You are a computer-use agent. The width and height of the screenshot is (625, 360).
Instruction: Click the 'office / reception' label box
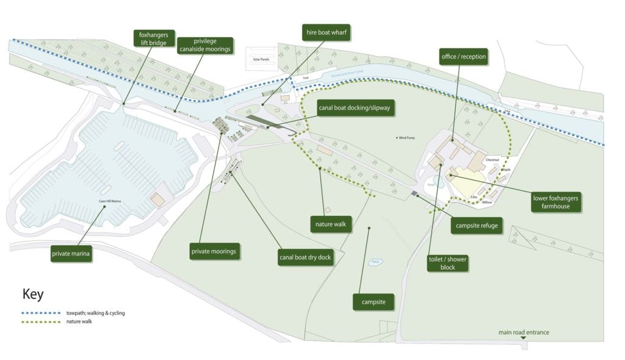464,57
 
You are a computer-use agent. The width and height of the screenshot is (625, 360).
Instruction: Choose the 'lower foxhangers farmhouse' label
555,202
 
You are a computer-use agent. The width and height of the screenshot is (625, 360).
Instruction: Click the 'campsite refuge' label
477,226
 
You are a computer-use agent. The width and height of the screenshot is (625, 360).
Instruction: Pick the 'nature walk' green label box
331,224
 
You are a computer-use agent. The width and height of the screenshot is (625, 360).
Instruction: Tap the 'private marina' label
71,254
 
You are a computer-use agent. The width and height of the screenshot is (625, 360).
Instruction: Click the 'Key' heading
33,294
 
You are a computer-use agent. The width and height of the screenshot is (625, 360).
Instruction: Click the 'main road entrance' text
523,333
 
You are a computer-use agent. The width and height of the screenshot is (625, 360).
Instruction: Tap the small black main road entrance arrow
523,338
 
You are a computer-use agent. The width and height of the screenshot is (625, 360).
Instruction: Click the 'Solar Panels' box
261,59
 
